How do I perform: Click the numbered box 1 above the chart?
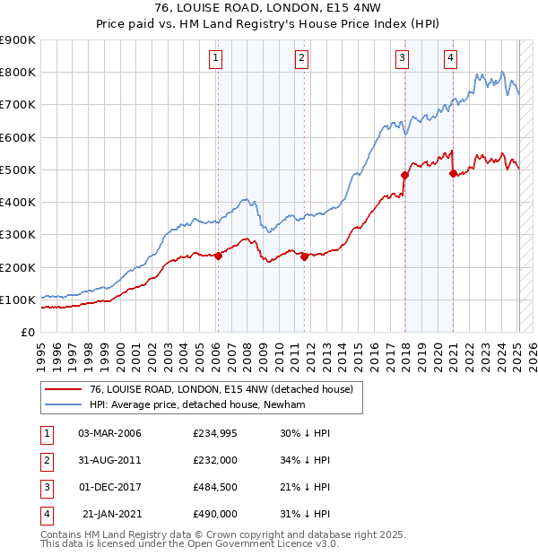pyautogui.click(x=217, y=59)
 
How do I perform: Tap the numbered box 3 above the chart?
pyautogui.click(x=403, y=59)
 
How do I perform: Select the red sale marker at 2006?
pyautogui.click(x=218, y=256)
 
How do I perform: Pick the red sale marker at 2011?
pyautogui.click(x=304, y=256)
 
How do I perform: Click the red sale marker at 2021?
pyautogui.click(x=453, y=172)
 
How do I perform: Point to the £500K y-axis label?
pyautogui.click(x=18, y=169)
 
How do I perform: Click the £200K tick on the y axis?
pyautogui.click(x=18, y=267)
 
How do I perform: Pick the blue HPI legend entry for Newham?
pyautogui.click(x=198, y=404)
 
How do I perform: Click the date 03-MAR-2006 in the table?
pyautogui.click(x=109, y=433)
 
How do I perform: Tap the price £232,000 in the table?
pyautogui.click(x=215, y=460)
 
